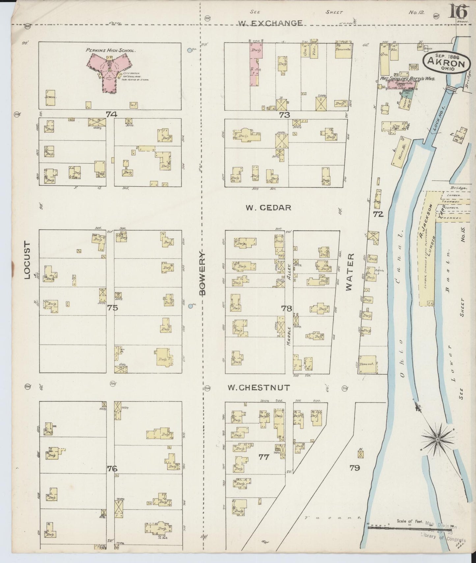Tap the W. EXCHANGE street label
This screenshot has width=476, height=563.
[x=270, y=23]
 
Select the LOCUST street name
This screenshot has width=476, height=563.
[x=27, y=260]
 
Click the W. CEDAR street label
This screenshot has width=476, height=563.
[x=268, y=208]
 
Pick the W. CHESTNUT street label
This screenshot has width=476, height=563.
[x=259, y=388]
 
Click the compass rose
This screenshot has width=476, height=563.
[x=437, y=440]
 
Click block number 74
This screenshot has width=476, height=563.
[x=111, y=114]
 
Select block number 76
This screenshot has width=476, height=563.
[x=112, y=468]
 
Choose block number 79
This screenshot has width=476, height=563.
[x=354, y=468]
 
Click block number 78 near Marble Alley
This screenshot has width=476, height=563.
[x=287, y=308]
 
